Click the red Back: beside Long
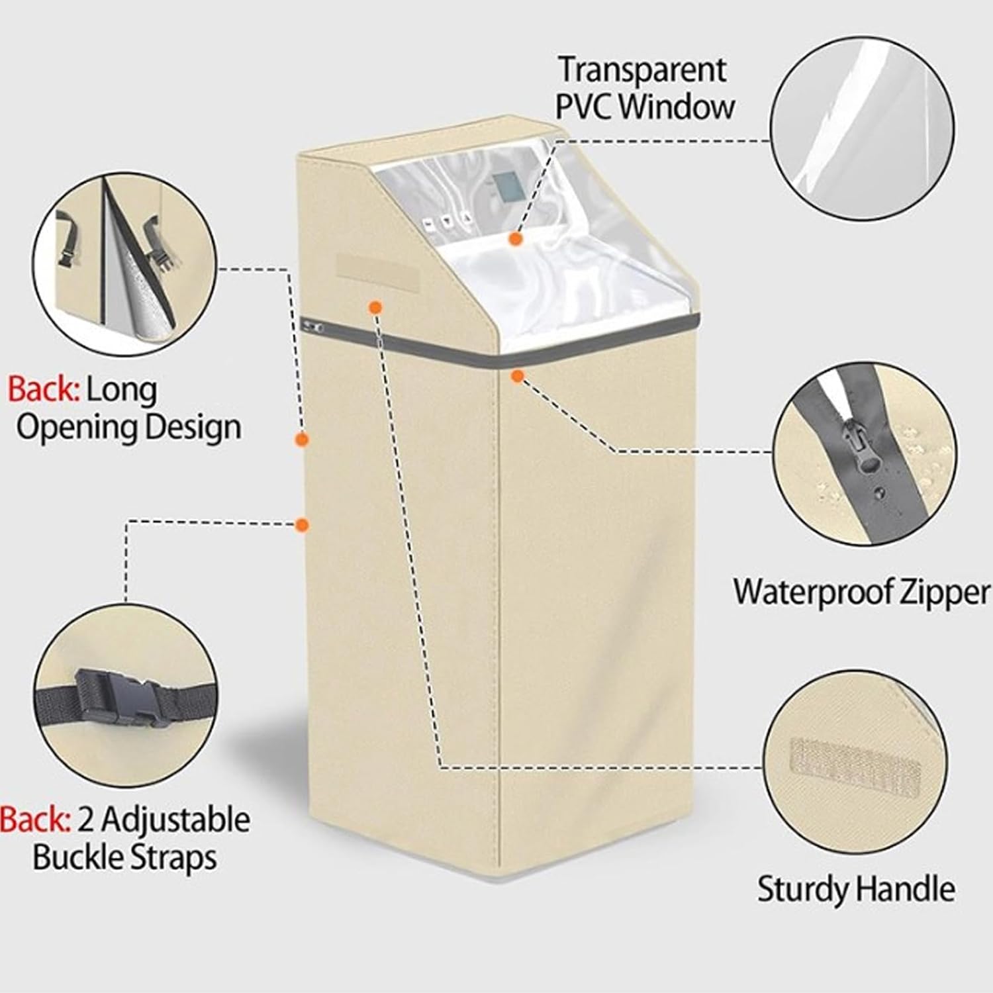click(44, 391)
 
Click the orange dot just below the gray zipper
click(518, 376)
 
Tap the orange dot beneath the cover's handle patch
click(375, 307)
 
